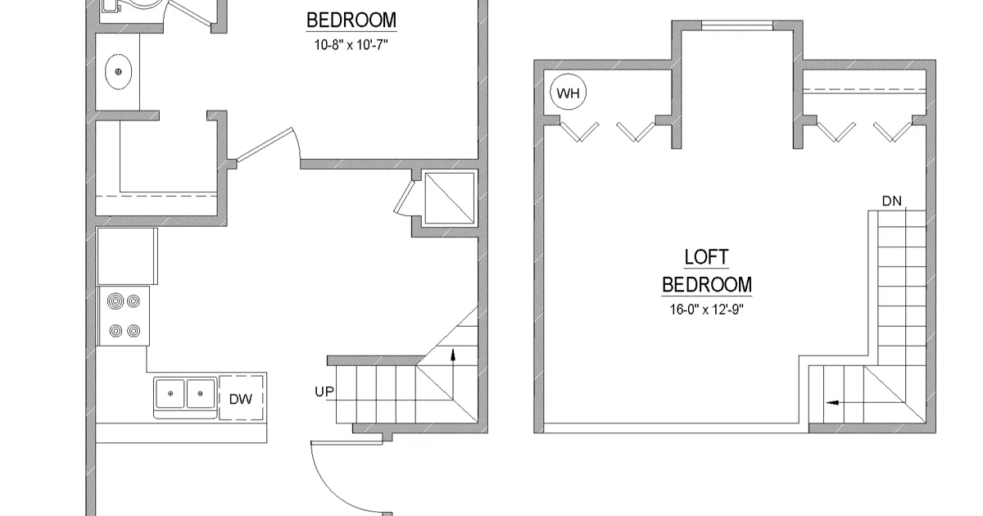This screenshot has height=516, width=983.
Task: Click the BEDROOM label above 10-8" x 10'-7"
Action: click(351, 20)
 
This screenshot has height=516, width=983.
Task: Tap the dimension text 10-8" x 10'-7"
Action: click(351, 46)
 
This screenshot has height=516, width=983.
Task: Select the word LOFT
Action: click(706, 257)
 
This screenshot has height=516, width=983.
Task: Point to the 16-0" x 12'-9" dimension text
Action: click(706, 310)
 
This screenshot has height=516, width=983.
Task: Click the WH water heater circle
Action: click(568, 93)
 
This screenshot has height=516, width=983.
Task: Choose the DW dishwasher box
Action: click(241, 399)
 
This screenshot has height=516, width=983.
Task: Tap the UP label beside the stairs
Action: click(324, 392)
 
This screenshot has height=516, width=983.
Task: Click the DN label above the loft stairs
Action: click(892, 201)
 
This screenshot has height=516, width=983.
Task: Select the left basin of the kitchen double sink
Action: click(171, 395)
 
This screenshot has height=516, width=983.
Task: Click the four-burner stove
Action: click(125, 315)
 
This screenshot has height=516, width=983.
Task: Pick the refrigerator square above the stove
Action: click(126, 256)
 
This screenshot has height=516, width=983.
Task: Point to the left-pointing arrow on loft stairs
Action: click(835, 402)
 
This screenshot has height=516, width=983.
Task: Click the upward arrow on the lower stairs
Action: click(452, 354)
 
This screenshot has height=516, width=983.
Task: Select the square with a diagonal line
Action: click(449, 197)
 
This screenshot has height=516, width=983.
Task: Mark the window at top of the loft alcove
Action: click(737, 26)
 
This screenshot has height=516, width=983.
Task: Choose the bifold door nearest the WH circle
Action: click(581, 131)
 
